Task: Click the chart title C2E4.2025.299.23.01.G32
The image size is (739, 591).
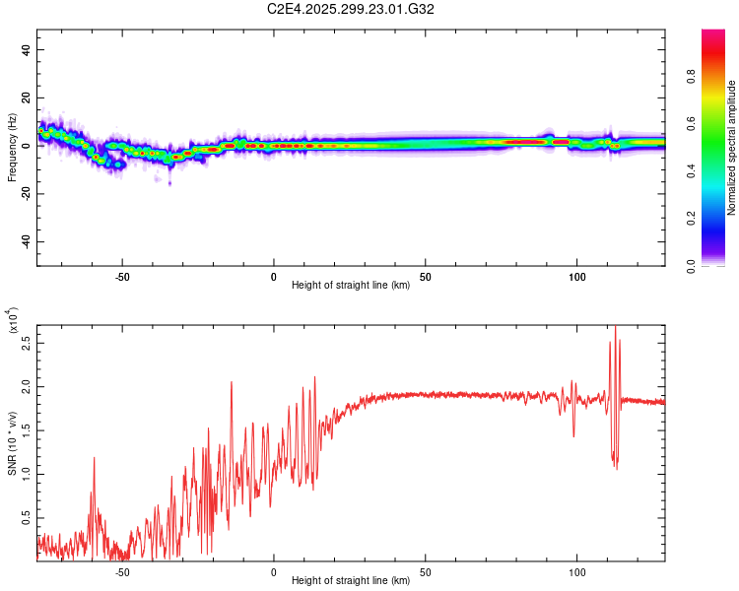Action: pyautogui.click(x=351, y=9)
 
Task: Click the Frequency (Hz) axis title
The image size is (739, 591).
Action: pyautogui.click(x=13, y=147)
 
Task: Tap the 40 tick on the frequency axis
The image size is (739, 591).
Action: pyautogui.click(x=27, y=49)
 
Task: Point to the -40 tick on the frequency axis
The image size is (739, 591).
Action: pyautogui.click(x=27, y=241)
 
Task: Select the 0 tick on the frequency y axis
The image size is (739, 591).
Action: pyautogui.click(x=27, y=145)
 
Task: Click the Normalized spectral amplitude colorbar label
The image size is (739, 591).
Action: pyautogui.click(x=732, y=148)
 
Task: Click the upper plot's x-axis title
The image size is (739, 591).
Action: pyautogui.click(x=351, y=286)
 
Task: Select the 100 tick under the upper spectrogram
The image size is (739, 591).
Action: pyautogui.click(x=576, y=275)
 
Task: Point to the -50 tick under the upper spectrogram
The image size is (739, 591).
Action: pyautogui.click(x=121, y=275)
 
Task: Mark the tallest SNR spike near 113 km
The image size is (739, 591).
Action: pyautogui.click(x=615, y=327)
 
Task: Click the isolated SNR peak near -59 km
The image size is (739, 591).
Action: pyautogui.click(x=95, y=458)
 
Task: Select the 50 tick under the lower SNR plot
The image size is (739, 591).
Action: pyautogui.click(x=425, y=570)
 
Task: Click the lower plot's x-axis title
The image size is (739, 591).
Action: pyautogui.click(x=351, y=581)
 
